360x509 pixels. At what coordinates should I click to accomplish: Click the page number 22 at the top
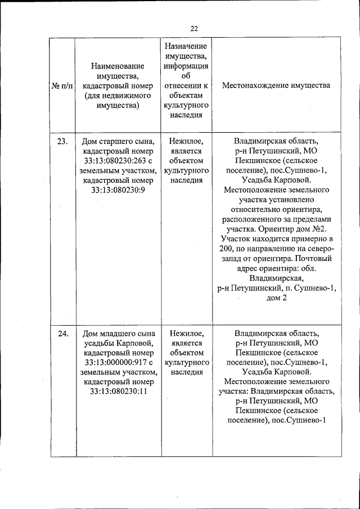[x=194, y=28]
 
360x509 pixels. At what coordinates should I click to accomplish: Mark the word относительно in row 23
[x=253, y=210]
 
